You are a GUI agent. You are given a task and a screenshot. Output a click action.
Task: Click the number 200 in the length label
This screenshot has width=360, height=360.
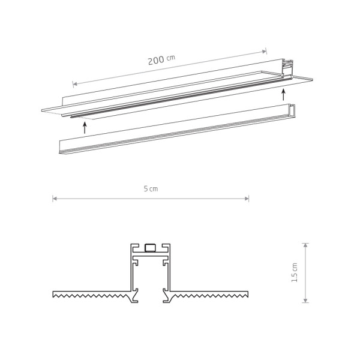click(x=155, y=60)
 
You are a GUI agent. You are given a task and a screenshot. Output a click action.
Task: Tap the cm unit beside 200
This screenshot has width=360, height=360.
click(x=170, y=58)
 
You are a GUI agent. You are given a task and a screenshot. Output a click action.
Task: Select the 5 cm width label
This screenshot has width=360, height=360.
click(x=150, y=188)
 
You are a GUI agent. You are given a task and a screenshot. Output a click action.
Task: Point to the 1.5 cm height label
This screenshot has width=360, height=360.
click(x=294, y=272)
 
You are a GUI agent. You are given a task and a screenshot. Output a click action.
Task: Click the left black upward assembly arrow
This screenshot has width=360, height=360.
click(x=85, y=127)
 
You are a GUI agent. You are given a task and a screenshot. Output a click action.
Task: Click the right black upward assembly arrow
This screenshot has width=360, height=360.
click(x=283, y=94)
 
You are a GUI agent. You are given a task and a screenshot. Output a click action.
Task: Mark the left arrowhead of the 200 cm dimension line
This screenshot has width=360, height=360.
click(x=74, y=83)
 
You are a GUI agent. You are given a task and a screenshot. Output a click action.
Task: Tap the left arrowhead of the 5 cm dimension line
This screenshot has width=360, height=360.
click(x=54, y=198)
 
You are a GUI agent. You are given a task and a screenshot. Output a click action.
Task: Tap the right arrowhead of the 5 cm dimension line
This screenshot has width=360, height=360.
click(x=247, y=198)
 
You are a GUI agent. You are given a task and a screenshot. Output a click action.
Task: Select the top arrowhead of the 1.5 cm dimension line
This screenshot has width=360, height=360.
click(x=305, y=245)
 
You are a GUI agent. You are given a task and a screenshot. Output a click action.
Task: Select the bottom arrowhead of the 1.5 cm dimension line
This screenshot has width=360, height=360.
click(x=305, y=301)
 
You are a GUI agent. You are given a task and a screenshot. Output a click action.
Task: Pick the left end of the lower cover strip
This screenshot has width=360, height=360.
click(x=61, y=146)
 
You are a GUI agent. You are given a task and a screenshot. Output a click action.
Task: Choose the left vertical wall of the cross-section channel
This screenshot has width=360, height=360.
click(x=132, y=270)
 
